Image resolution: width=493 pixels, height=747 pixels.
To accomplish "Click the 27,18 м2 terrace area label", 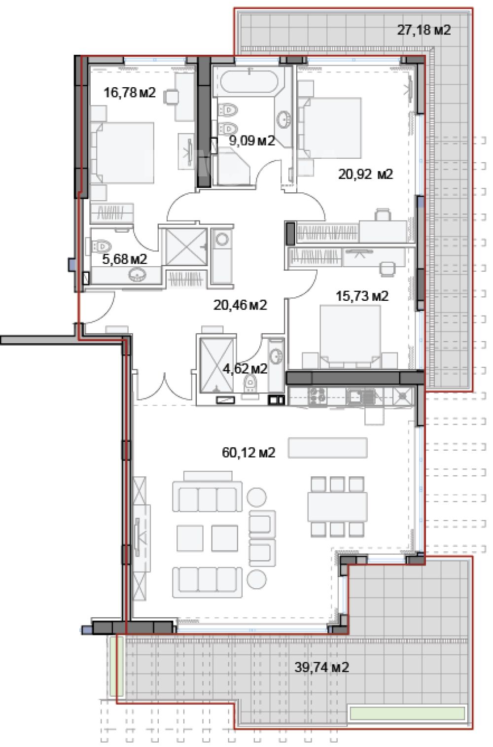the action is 423,31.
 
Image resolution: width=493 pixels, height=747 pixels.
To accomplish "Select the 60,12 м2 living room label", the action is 248,453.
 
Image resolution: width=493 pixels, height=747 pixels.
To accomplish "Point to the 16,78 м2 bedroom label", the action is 130,92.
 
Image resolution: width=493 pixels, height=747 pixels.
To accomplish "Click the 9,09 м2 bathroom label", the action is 252,141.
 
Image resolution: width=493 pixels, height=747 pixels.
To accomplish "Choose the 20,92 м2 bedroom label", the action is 366,174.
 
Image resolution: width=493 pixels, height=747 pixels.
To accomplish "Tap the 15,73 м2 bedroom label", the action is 362,296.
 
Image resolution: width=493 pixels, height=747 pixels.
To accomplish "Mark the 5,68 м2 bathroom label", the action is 124,259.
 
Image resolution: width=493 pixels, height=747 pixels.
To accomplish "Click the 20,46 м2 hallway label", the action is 240,305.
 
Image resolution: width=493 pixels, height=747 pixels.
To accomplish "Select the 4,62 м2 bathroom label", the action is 245,368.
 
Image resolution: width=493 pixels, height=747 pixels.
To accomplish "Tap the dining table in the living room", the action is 337,507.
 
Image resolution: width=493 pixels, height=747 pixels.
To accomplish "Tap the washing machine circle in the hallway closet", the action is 222,239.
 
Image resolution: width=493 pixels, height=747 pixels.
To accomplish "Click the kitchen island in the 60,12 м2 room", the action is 328,448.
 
